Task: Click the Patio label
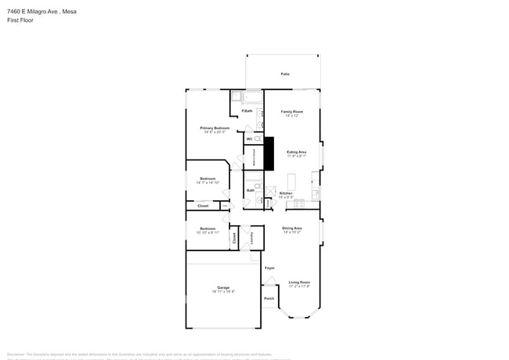click(286, 74)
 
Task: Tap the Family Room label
click(292, 112)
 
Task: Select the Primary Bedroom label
click(215, 128)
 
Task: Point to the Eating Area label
click(296, 152)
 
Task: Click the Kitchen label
click(286, 193)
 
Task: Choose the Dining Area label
click(292, 228)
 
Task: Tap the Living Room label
click(299, 282)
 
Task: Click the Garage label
click(223, 288)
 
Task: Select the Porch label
click(269, 298)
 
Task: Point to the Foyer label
click(269, 268)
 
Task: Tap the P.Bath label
click(247, 111)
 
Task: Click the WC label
click(249, 139)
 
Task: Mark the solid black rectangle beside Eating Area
click(269, 153)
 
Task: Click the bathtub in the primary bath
click(253, 98)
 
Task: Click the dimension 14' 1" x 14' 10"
click(208, 182)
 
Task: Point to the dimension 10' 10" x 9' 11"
click(208, 232)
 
